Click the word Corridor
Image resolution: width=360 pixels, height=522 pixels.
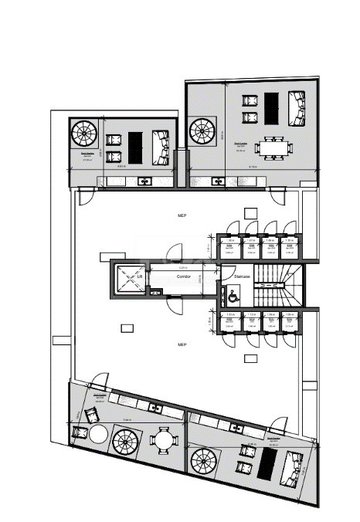(183, 276)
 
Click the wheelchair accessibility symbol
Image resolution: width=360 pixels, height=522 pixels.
(231, 293)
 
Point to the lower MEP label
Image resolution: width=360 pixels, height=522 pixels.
(182, 344)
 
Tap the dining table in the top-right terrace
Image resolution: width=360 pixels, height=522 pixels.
(273, 146)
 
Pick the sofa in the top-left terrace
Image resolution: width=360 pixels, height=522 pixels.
(161, 147)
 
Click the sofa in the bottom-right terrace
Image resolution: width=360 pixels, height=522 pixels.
(293, 468)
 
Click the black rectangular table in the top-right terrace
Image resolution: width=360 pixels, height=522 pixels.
(271, 105)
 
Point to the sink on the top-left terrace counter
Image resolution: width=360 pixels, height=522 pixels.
(144, 182)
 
